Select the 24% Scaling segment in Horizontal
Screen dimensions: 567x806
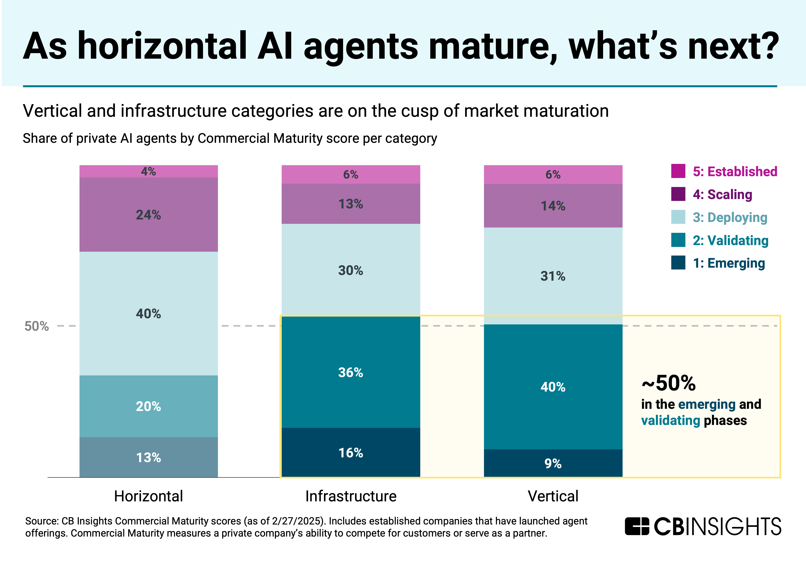pyautogui.click(x=148, y=215)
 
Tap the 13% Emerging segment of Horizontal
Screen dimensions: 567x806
pyautogui.click(x=148, y=457)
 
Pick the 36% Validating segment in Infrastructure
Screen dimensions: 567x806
pyautogui.click(x=351, y=372)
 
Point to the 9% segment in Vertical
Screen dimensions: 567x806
pyautogui.click(x=553, y=463)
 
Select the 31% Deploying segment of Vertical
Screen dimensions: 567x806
pyautogui.click(x=553, y=276)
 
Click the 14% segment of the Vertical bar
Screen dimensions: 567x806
pyautogui.click(x=553, y=206)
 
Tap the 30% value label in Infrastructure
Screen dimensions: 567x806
pyautogui.click(x=351, y=270)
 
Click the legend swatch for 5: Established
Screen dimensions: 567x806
pyautogui.click(x=678, y=171)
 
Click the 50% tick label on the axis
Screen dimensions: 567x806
pyautogui.click(x=36, y=326)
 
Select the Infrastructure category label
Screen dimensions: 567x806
pyautogui.click(x=351, y=496)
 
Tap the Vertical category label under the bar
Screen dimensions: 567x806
pyautogui.click(x=553, y=496)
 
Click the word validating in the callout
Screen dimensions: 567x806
pyautogui.click(x=671, y=420)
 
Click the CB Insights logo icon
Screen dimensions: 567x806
pyautogui.click(x=637, y=526)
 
